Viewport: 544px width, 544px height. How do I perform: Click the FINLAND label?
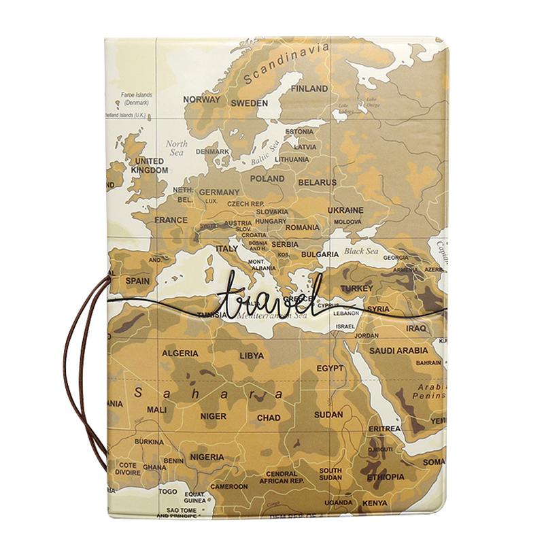click(x=309, y=88)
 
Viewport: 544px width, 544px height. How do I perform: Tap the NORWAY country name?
click(x=202, y=99)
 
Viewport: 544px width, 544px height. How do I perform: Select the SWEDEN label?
click(x=249, y=103)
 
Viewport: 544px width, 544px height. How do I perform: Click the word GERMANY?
click(x=219, y=192)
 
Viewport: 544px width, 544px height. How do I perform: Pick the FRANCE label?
click(x=171, y=220)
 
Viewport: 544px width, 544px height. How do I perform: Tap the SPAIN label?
click(x=137, y=280)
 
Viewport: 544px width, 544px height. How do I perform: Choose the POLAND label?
click(x=267, y=179)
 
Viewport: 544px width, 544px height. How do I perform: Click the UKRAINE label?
click(x=345, y=210)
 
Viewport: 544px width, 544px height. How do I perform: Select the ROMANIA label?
click(x=302, y=228)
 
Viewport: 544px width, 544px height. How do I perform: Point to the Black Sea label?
click(x=361, y=251)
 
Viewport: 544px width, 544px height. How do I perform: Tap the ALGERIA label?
click(x=180, y=353)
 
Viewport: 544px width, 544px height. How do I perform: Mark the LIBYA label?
click(x=251, y=355)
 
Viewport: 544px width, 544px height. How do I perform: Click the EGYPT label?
click(x=330, y=368)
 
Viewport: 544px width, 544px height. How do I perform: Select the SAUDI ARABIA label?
click(x=398, y=351)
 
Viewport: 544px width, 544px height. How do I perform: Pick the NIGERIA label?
click(x=207, y=457)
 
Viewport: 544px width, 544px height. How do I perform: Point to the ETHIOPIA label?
click(x=386, y=477)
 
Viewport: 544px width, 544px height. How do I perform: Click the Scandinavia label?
click(x=286, y=63)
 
